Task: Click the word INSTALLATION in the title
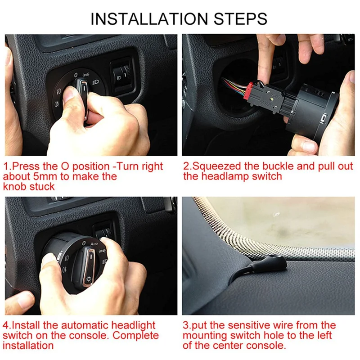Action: pos(149,18)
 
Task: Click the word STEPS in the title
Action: pos(240,18)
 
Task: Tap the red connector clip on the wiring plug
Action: pos(249,91)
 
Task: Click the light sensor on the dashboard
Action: pos(275,262)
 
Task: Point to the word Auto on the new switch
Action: pos(94,243)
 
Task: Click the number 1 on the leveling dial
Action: pos(125,75)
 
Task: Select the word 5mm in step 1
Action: pos(45,176)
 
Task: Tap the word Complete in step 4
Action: pos(135,335)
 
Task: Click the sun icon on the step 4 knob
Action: pos(88,279)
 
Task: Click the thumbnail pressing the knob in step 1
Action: pos(70,94)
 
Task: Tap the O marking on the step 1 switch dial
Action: pos(76,75)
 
